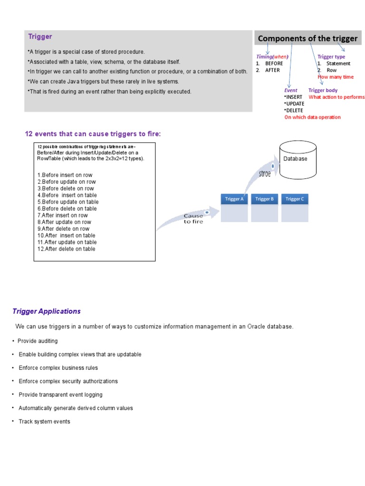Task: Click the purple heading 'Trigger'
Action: [x=40, y=37]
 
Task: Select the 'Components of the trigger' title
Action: [x=307, y=38]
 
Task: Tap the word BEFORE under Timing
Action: [x=274, y=63]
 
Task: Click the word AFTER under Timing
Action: [x=272, y=70]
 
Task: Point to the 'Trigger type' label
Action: [x=331, y=56]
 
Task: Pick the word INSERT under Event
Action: [x=293, y=97]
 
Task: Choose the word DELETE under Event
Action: [x=294, y=110]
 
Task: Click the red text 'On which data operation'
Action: [x=312, y=117]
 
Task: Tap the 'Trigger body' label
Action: [x=323, y=90]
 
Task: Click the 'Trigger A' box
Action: [x=234, y=199]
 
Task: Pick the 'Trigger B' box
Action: [x=265, y=199]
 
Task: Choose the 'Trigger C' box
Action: [x=295, y=199]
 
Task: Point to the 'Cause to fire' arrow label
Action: [x=193, y=219]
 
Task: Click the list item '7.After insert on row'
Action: [x=63, y=215]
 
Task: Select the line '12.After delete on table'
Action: [x=67, y=249]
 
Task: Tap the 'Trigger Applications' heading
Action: [x=47, y=311]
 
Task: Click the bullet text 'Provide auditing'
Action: [x=38, y=341]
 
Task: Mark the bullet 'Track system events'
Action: [x=44, y=421]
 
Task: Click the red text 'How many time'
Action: [x=336, y=77]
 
